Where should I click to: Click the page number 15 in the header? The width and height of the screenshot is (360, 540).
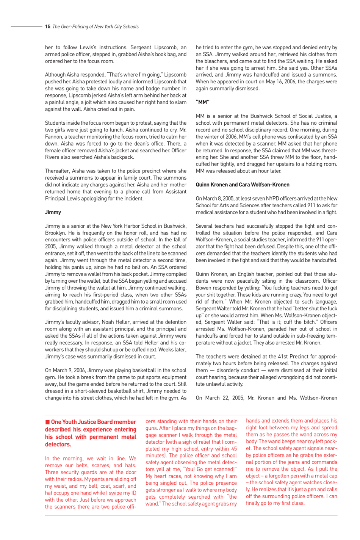[x=47, y=27]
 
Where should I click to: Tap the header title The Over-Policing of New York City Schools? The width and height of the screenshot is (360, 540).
[x=95, y=27]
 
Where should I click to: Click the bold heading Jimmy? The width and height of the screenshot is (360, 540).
[x=53, y=212]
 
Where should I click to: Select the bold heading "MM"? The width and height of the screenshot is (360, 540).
[x=202, y=102]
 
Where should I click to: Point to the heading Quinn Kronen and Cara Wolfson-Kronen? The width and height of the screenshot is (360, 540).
[x=242, y=185]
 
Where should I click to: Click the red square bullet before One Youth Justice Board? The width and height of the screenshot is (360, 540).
[x=47, y=422]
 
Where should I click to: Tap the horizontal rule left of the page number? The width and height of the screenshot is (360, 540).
[x=26, y=27]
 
